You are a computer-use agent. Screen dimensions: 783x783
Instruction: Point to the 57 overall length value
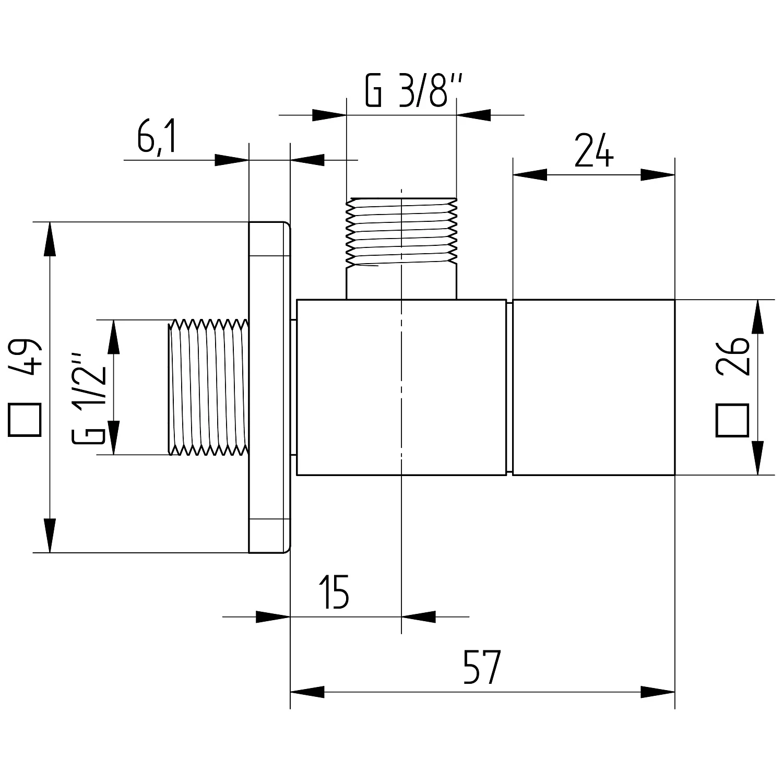tap(481, 667)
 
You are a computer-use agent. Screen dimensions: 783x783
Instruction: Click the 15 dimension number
tap(335, 592)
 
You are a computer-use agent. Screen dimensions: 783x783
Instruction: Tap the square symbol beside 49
tap(25, 420)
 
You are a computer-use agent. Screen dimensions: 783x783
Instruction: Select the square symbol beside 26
tap(732, 420)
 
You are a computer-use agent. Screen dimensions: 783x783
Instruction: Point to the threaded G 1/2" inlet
tap(208, 387)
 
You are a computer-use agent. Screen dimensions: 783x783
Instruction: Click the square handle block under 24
tap(594, 387)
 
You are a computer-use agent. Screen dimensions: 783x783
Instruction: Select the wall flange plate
tap(269, 387)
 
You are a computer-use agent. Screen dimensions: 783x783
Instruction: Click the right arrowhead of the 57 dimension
tap(658, 692)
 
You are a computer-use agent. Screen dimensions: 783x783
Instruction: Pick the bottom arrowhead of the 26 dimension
tap(757, 458)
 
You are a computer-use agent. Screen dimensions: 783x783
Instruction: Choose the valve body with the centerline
tap(401, 387)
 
